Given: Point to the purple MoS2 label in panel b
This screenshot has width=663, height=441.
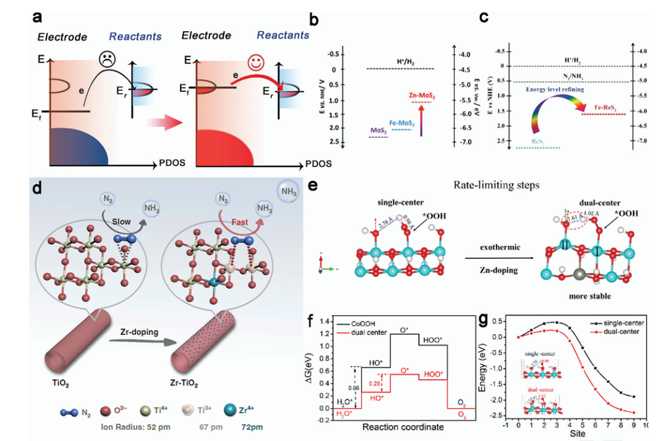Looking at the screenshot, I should pos(378,131).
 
